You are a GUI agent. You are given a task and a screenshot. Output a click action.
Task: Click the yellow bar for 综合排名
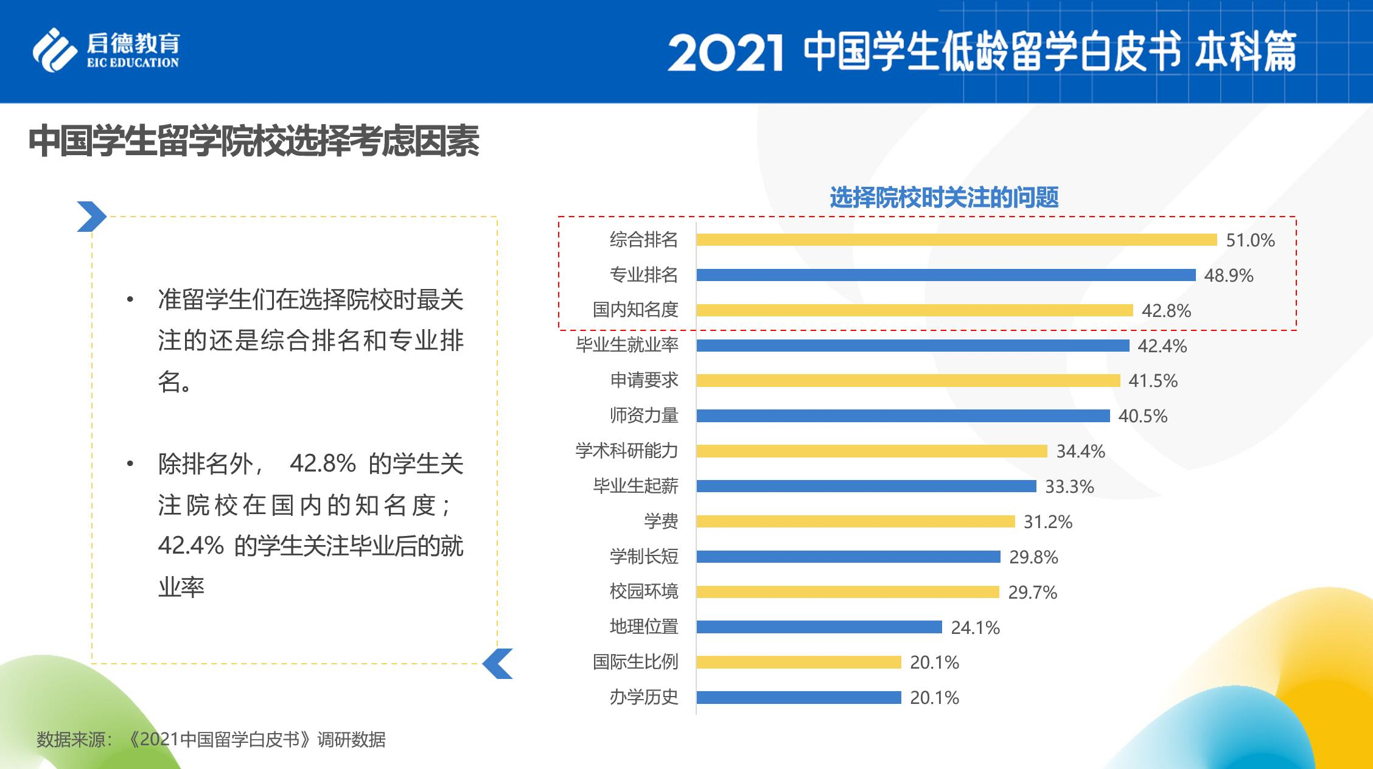click(x=956, y=240)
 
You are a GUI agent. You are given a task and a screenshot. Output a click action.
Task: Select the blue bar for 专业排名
click(x=946, y=275)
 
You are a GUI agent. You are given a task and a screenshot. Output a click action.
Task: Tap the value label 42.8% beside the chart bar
click(x=1166, y=311)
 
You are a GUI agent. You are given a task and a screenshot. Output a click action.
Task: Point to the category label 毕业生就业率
click(x=627, y=345)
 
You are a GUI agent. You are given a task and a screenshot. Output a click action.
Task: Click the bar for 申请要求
click(x=908, y=381)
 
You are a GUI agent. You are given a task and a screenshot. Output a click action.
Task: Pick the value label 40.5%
click(x=1142, y=416)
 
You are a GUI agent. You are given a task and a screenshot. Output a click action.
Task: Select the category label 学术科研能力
click(x=627, y=451)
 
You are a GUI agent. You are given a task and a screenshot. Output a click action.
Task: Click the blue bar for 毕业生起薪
click(x=866, y=486)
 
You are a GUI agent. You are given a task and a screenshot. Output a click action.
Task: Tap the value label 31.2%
click(x=1047, y=521)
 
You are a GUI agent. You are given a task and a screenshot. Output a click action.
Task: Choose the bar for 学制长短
click(x=848, y=557)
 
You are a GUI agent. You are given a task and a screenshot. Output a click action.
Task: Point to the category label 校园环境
click(x=644, y=591)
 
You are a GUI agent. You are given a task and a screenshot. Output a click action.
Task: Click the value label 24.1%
click(x=975, y=627)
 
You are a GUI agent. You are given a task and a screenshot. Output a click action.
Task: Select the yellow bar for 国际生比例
click(x=798, y=662)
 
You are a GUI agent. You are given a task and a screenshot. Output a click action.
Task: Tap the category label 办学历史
click(x=644, y=697)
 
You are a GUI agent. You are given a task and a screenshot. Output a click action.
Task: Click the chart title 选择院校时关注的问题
click(x=944, y=198)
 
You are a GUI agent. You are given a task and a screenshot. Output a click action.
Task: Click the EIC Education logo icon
click(x=55, y=50)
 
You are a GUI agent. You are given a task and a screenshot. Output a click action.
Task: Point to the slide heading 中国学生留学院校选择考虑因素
click(x=254, y=142)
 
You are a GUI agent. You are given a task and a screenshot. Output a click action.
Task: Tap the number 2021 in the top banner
click(x=725, y=54)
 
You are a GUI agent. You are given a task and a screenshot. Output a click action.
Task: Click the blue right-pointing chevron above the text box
click(x=91, y=217)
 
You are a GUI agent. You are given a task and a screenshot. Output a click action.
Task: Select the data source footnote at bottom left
click(x=211, y=739)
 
